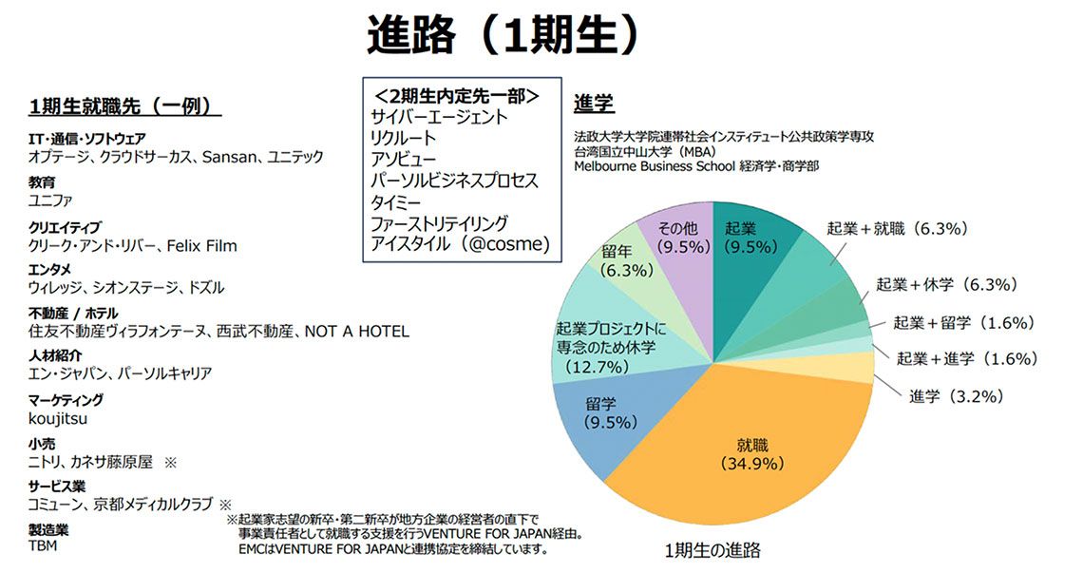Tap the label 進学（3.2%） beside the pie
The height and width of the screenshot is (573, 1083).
[x=956, y=396]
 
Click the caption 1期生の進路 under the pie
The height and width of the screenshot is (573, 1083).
[x=712, y=550]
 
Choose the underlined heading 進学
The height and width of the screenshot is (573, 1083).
[x=593, y=104]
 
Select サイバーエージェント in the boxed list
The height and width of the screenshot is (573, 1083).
[x=439, y=118]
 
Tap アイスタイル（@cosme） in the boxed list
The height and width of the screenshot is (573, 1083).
[x=460, y=244]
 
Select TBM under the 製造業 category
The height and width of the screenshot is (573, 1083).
[x=43, y=546]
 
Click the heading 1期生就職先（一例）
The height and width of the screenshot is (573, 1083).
[x=120, y=105]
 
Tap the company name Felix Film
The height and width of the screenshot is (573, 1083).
[x=201, y=246]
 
